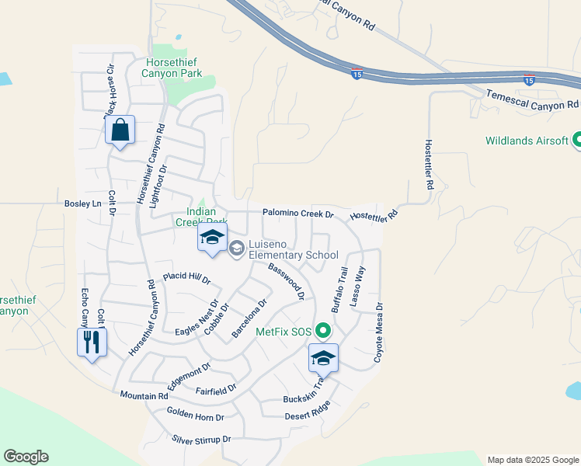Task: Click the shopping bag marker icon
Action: point(120,130)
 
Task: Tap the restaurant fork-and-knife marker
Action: point(92,343)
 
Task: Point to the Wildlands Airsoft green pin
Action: point(578,141)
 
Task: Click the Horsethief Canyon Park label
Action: point(172,68)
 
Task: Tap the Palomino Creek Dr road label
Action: point(297,213)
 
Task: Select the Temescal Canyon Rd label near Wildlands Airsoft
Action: point(533,98)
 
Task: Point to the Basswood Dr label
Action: point(286,281)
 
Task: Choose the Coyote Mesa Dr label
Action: point(380,332)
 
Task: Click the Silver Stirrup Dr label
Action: point(202,440)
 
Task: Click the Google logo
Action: point(26,457)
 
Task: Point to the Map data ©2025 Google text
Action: point(532,460)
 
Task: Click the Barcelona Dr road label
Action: point(249,318)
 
